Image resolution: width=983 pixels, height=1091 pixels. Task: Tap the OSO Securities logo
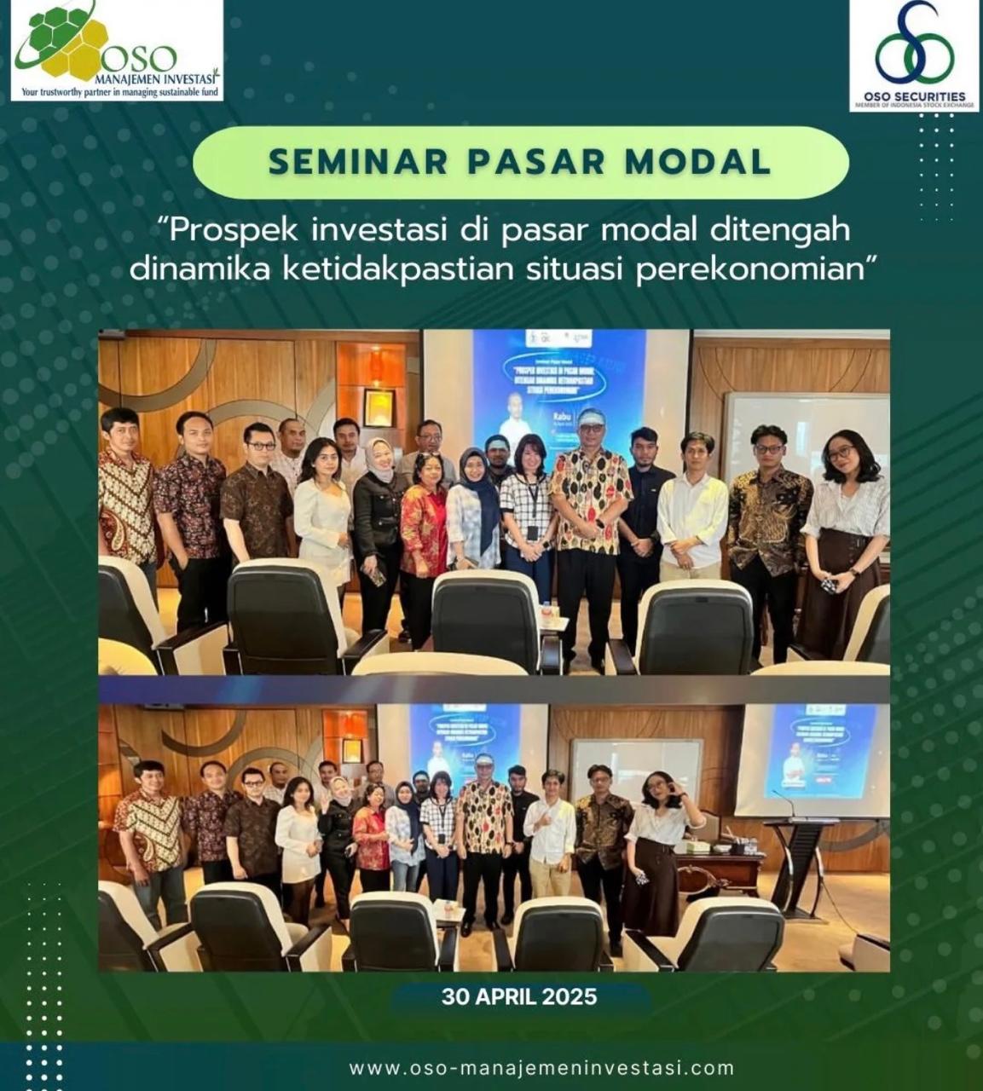(913, 47)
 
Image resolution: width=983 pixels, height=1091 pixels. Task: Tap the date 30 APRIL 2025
(518, 996)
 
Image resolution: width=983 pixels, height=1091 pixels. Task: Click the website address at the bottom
(541, 1068)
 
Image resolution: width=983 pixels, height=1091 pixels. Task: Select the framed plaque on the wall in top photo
(378, 407)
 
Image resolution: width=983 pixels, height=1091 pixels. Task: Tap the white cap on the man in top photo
(592, 416)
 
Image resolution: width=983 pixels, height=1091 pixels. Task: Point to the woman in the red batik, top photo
(425, 528)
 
